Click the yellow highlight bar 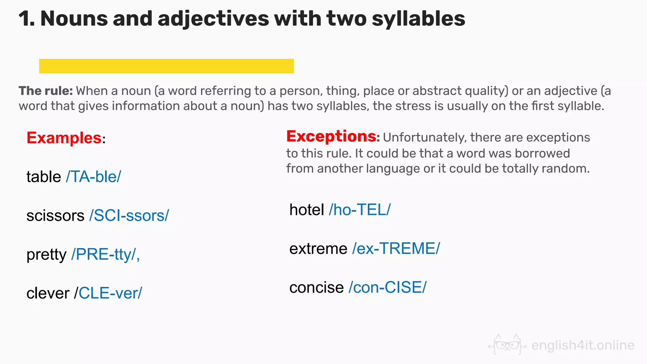[x=166, y=66]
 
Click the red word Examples [x=64, y=138]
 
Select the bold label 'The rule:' [x=46, y=91]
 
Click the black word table [x=44, y=177]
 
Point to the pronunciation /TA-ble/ [x=94, y=177]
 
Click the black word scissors [x=55, y=215]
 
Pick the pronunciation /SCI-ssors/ [x=129, y=215]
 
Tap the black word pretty [x=46, y=255]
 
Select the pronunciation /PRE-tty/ [x=105, y=254]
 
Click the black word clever [x=48, y=293]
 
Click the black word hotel [x=307, y=210]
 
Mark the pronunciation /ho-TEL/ [x=360, y=210]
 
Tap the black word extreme [x=318, y=249]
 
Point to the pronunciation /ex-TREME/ [x=396, y=249]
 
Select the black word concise [x=316, y=288]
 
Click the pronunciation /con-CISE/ [x=388, y=288]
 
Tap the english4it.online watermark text [x=583, y=345]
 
